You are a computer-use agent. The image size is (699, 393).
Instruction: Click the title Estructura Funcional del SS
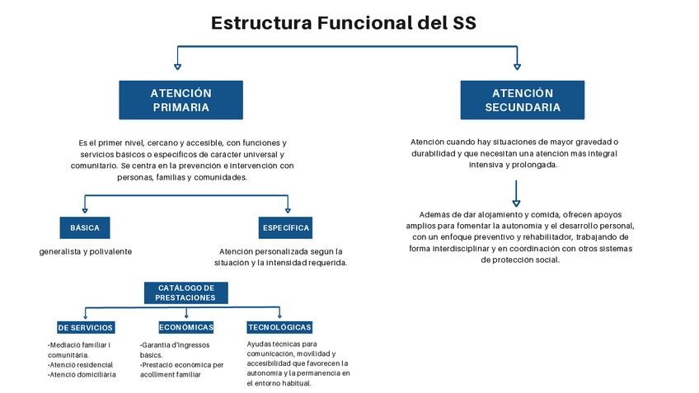click(x=343, y=22)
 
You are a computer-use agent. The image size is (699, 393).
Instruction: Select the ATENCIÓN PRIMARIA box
click(x=181, y=101)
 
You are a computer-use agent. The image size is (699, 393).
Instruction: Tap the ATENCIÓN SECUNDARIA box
click(x=522, y=101)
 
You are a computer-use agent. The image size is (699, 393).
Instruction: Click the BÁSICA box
click(x=85, y=227)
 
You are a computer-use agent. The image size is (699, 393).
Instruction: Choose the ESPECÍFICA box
click(x=285, y=227)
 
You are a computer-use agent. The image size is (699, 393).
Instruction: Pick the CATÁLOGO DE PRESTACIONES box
click(x=185, y=292)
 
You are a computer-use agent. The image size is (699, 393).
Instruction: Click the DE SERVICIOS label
click(x=86, y=328)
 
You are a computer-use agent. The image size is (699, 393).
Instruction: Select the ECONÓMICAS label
click(x=186, y=327)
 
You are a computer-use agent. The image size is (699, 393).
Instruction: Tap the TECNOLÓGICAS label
click(x=279, y=327)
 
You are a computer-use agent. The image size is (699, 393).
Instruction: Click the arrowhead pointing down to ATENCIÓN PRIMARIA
click(x=177, y=65)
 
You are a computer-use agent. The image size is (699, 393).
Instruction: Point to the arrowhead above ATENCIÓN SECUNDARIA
click(x=517, y=65)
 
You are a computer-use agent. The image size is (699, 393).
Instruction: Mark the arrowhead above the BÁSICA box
click(x=85, y=209)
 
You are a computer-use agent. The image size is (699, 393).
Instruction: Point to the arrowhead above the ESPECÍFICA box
click(x=287, y=209)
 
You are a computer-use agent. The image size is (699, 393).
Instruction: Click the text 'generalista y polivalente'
click(x=86, y=251)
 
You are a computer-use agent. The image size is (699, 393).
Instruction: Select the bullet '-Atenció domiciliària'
click(x=82, y=374)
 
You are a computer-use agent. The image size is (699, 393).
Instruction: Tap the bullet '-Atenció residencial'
click(x=80, y=364)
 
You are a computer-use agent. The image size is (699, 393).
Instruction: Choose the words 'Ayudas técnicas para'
click(x=282, y=344)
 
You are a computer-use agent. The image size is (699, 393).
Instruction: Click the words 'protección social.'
click(x=520, y=260)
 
